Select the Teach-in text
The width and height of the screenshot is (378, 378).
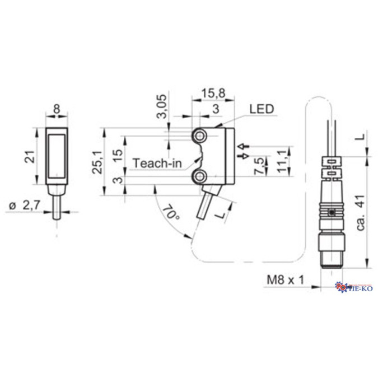[x=157, y=164]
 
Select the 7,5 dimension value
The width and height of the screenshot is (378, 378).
[x=259, y=166]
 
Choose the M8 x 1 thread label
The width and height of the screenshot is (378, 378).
[x=284, y=279]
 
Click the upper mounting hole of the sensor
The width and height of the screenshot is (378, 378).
[x=199, y=137]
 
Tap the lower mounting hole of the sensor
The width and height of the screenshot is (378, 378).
[x=199, y=178]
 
